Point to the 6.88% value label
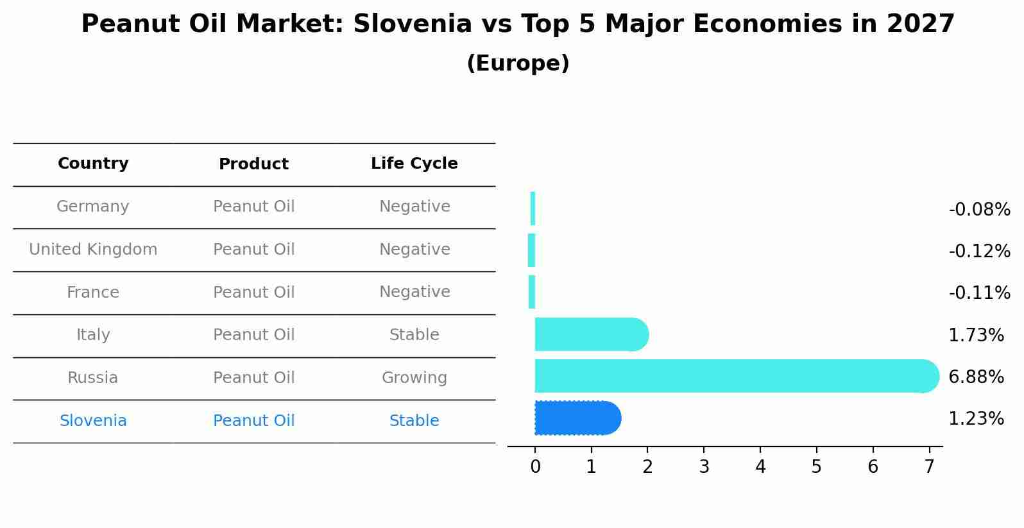point(976,377)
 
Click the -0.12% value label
point(979,251)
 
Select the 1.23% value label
point(976,419)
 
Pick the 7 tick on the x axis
point(929,467)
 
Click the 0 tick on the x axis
point(535,467)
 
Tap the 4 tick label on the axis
point(760,467)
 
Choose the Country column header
point(93,164)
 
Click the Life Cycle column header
point(414,164)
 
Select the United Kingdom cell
point(93,250)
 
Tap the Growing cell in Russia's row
point(414,378)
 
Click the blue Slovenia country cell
point(93,421)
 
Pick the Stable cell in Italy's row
point(414,335)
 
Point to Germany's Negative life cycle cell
point(414,207)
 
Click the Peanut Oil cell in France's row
point(254,293)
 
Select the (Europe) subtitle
point(518,64)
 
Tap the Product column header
point(254,164)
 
